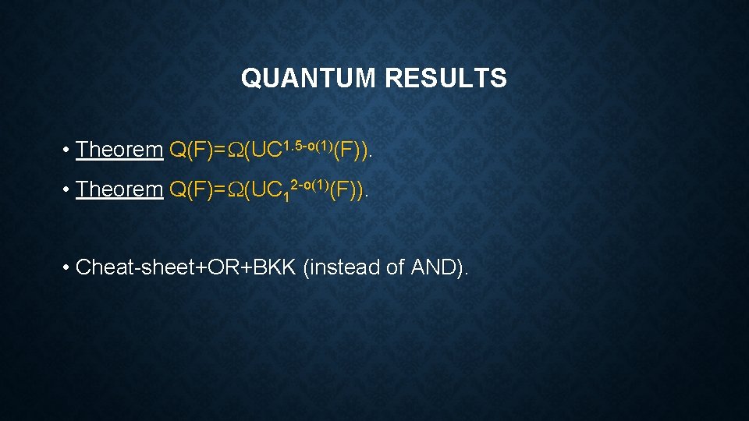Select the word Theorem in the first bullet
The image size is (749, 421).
point(119,149)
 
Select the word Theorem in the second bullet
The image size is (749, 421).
point(119,189)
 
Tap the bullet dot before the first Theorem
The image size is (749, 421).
point(68,150)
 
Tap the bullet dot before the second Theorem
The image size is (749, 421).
point(68,189)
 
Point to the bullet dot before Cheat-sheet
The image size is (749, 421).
point(68,267)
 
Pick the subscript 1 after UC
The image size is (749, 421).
point(286,196)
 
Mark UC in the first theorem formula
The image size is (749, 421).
point(266,150)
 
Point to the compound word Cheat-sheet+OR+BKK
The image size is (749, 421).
point(187,267)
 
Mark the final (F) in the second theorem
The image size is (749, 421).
point(346,189)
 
